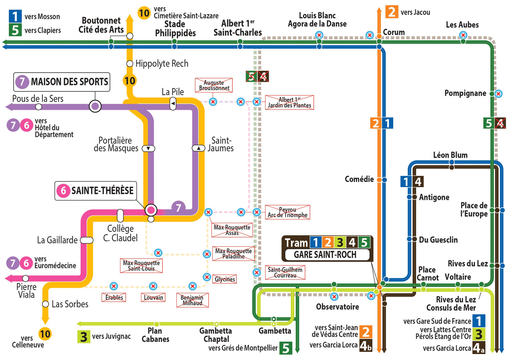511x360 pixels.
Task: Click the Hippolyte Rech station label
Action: click(162, 63)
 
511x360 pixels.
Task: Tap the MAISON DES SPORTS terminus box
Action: click(61, 82)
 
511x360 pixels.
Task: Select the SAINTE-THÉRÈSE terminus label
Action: click(95, 191)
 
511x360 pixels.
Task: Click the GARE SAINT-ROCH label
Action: click(325, 255)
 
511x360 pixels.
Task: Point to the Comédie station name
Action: click(359, 179)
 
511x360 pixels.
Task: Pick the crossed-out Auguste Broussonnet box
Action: click(214, 85)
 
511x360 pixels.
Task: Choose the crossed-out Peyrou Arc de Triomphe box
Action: click(287, 212)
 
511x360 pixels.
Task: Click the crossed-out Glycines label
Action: click(224, 279)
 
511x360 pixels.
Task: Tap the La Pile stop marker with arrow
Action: click(173, 104)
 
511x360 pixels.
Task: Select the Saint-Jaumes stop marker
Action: click(198, 148)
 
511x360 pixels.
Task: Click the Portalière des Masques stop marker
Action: click(148, 148)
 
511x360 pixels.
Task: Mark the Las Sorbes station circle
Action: click(46, 304)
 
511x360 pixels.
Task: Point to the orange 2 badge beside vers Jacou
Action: click(392, 12)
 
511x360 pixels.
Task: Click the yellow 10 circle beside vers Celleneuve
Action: click(45, 334)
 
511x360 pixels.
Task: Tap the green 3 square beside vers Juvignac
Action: click(84, 337)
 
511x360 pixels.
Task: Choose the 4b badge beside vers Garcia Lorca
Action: click(366, 345)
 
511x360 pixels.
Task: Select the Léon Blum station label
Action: click(450, 155)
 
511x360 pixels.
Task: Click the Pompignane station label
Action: click(465, 93)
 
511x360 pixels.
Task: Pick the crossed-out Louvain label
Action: click(153, 297)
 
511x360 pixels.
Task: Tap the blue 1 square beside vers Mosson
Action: click(15, 16)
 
